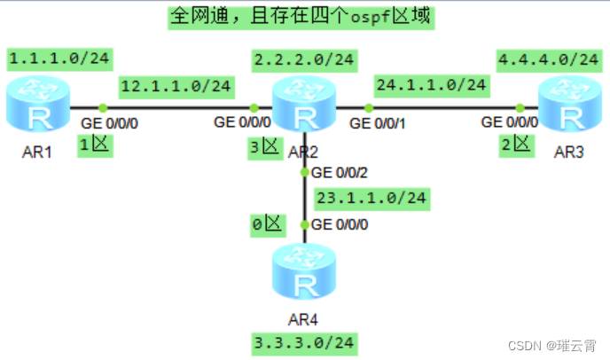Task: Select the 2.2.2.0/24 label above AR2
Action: pyautogui.click(x=304, y=59)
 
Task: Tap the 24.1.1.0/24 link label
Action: pyautogui.click(x=431, y=85)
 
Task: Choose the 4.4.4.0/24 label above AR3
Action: pyautogui.click(x=547, y=59)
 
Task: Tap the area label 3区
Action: pyautogui.click(x=263, y=148)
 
